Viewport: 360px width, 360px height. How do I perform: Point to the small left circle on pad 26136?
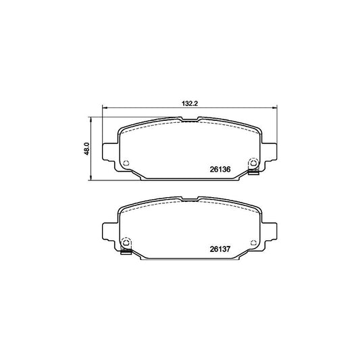pyautogui.click(x=127, y=162)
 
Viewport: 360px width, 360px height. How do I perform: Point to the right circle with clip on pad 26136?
pyautogui.click(x=253, y=162)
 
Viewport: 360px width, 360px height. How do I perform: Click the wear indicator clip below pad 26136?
pyautogui.click(x=253, y=174)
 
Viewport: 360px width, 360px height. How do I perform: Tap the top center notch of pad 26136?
pyautogui.click(x=189, y=121)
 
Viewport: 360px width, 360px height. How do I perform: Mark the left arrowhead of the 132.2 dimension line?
pyautogui.click(x=104, y=108)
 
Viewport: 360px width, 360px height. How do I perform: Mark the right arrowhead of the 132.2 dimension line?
pyautogui.click(x=274, y=108)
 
